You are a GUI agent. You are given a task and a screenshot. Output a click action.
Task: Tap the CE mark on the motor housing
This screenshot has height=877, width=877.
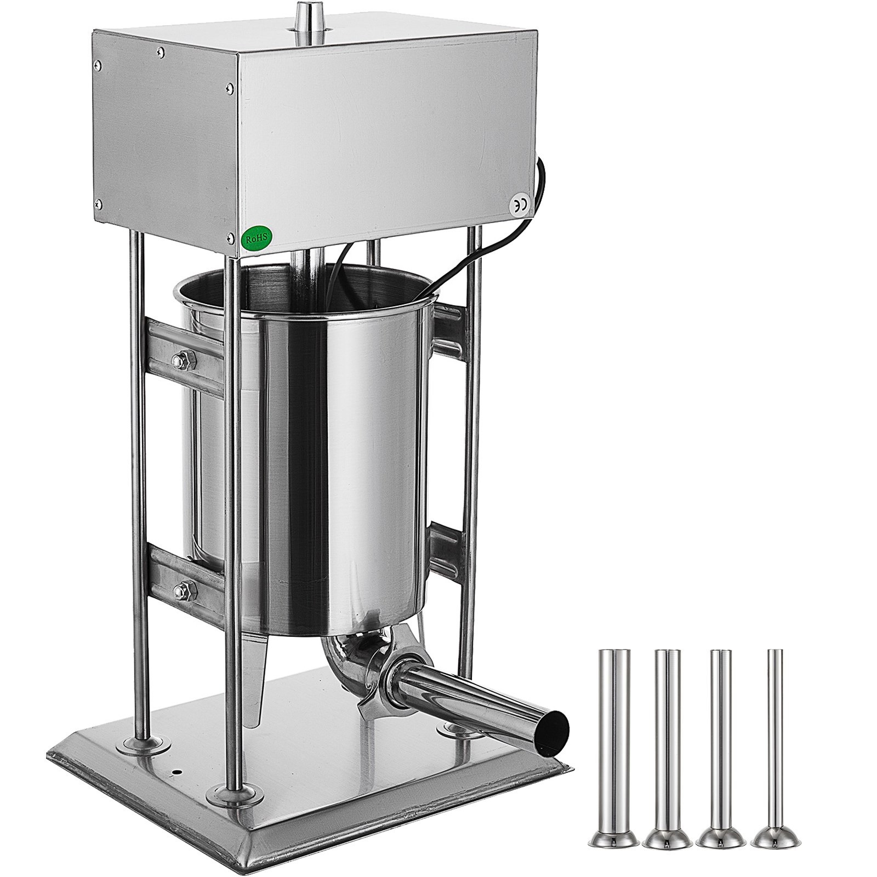(x=519, y=205)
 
